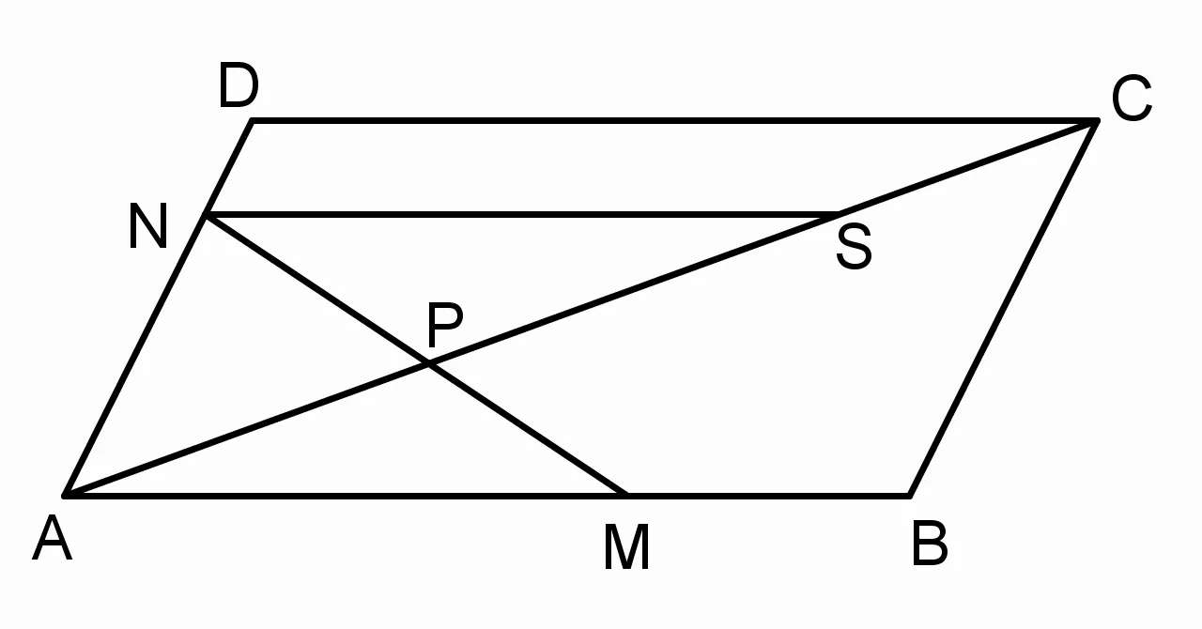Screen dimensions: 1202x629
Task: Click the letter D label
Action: (x=239, y=84)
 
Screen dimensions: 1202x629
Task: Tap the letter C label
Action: (x=1132, y=99)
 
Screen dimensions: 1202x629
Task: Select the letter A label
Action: (x=52, y=538)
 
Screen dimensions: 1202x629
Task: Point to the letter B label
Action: (x=930, y=543)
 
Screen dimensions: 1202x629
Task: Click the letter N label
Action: (x=148, y=226)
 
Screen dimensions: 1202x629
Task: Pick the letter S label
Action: (x=854, y=247)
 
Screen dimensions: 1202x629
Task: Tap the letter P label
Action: (x=445, y=325)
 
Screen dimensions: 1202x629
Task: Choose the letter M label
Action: (x=626, y=547)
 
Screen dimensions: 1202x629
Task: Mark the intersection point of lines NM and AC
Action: (x=430, y=365)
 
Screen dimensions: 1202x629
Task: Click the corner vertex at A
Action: (x=65, y=496)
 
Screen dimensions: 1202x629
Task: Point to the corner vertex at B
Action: (x=910, y=496)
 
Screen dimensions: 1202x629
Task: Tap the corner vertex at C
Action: (x=1097, y=121)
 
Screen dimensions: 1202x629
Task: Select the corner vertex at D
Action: (x=253, y=121)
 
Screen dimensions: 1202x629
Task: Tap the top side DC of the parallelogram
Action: (x=674, y=121)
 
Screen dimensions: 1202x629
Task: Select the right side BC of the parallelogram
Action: (x=1004, y=308)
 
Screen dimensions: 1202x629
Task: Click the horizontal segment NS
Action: (x=519, y=215)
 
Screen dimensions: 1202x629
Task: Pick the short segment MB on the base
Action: (x=767, y=496)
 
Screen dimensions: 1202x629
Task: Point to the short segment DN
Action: (x=228, y=167)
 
